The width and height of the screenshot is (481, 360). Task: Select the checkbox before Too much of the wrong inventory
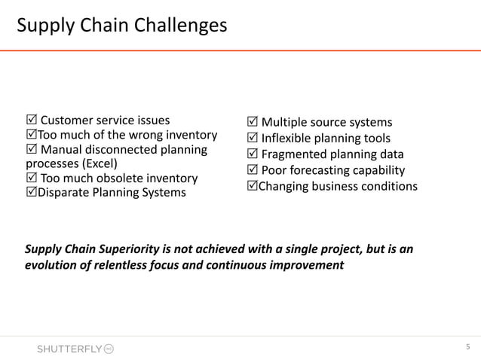(x=31, y=136)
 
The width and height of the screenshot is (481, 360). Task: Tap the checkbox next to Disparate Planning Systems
(x=31, y=192)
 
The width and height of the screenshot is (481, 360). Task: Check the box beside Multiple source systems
(x=253, y=123)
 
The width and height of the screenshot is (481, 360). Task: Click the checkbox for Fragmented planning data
(x=253, y=154)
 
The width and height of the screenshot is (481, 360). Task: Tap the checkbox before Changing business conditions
(x=253, y=186)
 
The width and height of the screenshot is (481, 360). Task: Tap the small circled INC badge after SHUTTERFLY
(x=108, y=349)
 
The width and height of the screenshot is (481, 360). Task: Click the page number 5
(x=467, y=347)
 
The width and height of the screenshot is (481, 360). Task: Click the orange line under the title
(x=240, y=50)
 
